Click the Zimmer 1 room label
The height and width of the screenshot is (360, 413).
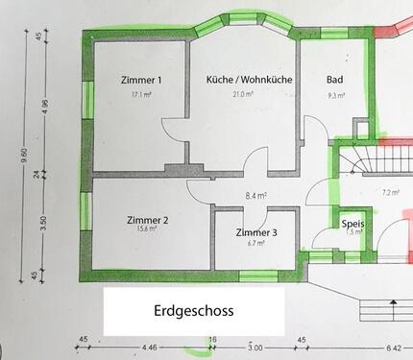(x=140, y=80)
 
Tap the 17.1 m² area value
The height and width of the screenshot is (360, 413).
(x=140, y=94)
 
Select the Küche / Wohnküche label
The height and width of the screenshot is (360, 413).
(x=250, y=80)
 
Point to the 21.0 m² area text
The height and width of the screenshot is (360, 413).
(x=248, y=94)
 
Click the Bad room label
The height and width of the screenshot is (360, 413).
(x=335, y=80)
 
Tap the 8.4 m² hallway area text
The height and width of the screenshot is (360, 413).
(x=255, y=196)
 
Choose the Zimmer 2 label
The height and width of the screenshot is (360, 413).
(x=147, y=220)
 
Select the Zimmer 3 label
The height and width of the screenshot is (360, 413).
(x=256, y=232)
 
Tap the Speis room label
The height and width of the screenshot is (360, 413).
(x=352, y=223)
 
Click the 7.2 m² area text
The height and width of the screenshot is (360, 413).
(x=390, y=192)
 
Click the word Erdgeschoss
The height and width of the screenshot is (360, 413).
(x=193, y=312)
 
